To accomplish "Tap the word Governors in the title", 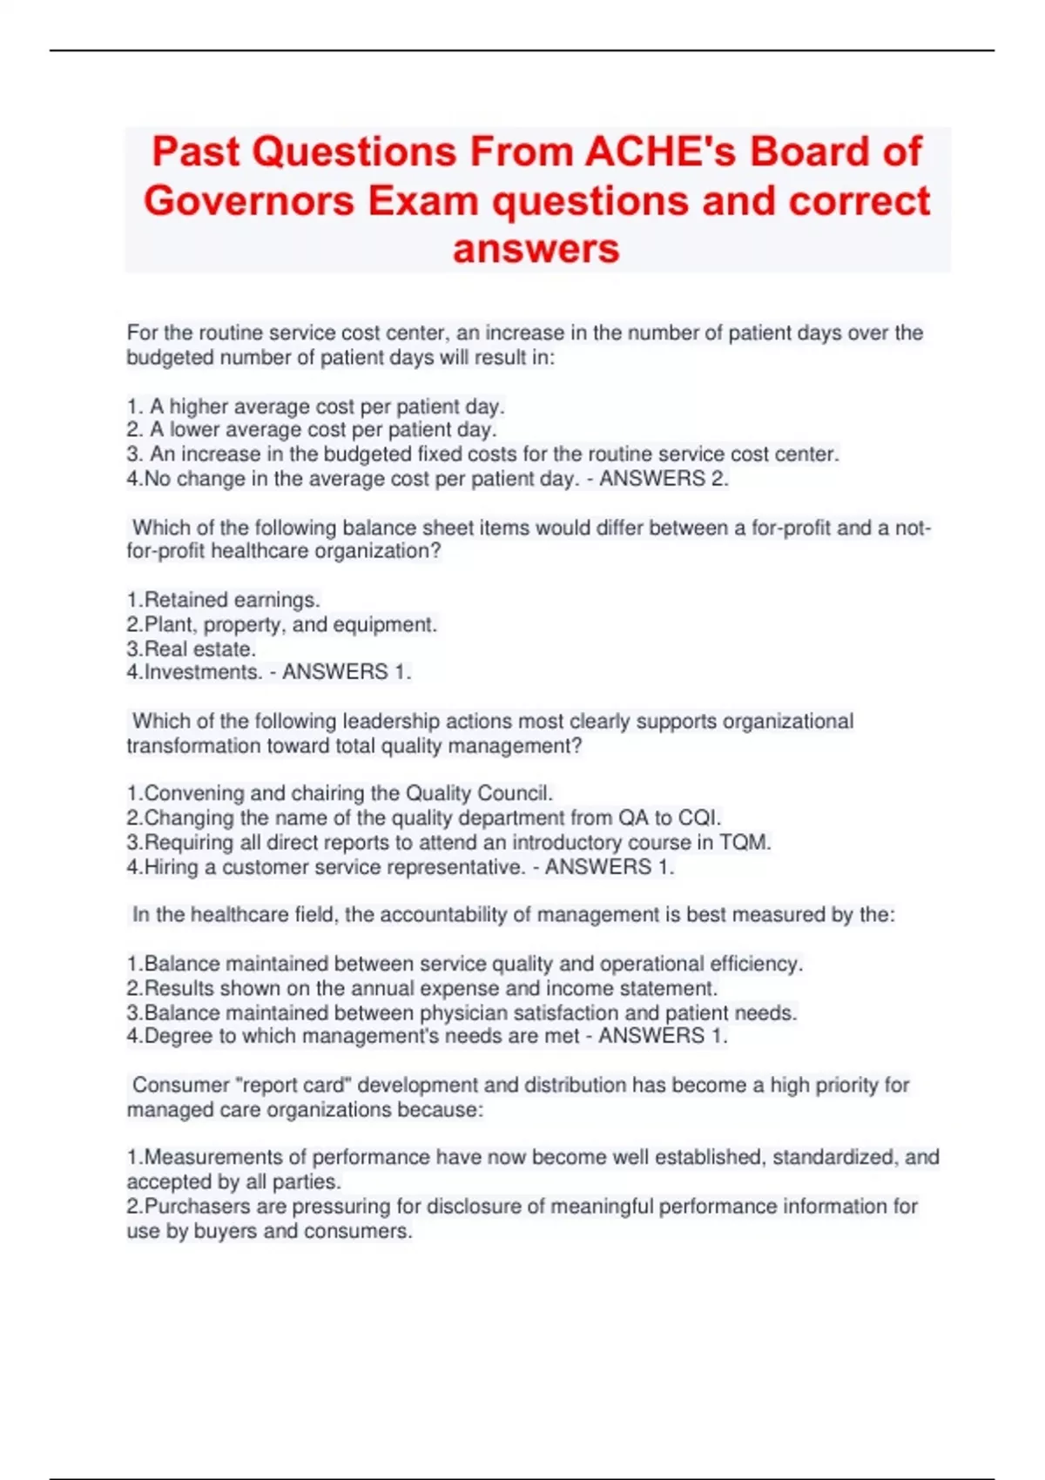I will click(249, 201).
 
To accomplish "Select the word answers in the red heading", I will click(536, 249).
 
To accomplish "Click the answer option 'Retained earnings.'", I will click(232, 600).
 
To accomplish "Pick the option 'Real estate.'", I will click(199, 649).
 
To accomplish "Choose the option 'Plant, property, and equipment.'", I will click(290, 624).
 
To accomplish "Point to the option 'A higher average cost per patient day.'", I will click(327, 407).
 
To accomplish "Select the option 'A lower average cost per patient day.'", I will click(322, 430).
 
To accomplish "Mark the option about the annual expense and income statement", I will click(430, 988).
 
